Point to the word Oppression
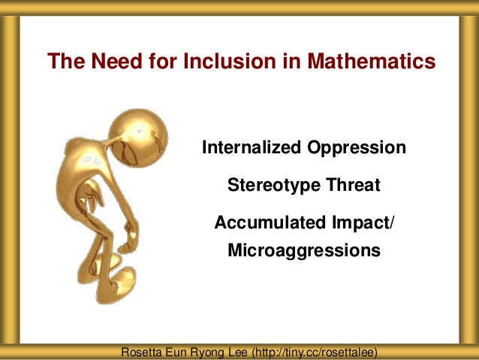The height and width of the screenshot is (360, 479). (357, 147)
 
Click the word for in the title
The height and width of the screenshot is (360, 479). (146, 61)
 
